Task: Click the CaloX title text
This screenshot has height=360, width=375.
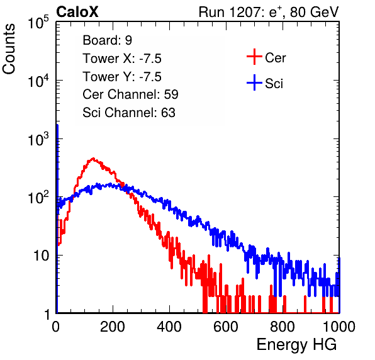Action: click(x=77, y=11)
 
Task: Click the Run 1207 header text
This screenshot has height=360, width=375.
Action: click(x=269, y=12)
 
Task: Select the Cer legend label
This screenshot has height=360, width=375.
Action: click(x=275, y=58)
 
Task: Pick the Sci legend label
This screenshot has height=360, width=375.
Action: click(x=274, y=84)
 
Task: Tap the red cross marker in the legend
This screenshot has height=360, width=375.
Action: click(x=254, y=57)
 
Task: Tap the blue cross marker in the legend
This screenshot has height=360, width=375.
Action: click(x=254, y=82)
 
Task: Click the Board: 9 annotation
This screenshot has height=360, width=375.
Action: click(x=107, y=40)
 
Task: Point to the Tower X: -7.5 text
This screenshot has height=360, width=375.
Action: click(x=122, y=59)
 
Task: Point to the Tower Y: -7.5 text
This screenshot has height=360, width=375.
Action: click(x=122, y=77)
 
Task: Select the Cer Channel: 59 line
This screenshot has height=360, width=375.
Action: click(x=130, y=94)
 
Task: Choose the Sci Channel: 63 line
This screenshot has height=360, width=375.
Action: click(x=129, y=113)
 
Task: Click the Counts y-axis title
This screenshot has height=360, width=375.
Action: click(x=9, y=49)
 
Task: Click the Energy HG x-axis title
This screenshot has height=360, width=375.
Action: click(x=296, y=345)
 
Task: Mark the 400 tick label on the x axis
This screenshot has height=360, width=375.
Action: click(x=169, y=327)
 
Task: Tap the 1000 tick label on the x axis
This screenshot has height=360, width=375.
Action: click(x=339, y=327)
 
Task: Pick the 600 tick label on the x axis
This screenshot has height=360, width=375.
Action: click(x=226, y=327)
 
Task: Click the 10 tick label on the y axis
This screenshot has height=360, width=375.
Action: click(x=42, y=256)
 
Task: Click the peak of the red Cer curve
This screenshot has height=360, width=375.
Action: click(x=93, y=158)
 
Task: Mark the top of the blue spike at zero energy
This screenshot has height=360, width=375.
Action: click(x=57, y=125)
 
